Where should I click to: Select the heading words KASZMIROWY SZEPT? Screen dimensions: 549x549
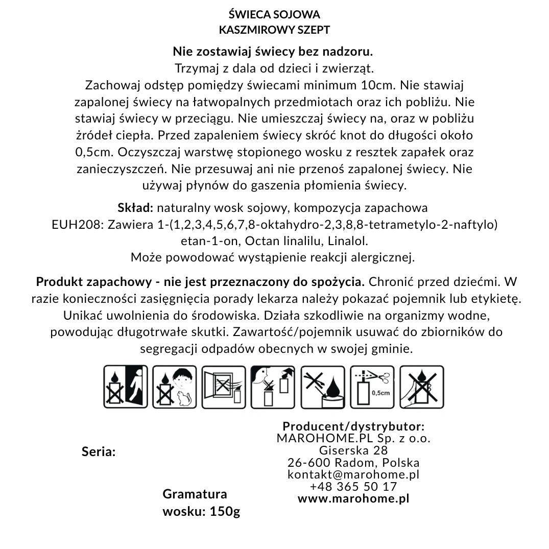[274, 30]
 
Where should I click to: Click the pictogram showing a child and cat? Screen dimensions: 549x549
[175, 386]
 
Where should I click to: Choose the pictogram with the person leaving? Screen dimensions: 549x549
[125, 386]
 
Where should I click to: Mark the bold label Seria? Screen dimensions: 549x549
[99, 452]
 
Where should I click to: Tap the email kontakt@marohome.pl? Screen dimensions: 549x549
[353, 474]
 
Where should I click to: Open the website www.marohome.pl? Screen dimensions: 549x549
[353, 498]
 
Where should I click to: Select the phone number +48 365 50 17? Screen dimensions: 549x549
[353, 487]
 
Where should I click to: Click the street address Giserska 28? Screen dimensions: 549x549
[353, 450]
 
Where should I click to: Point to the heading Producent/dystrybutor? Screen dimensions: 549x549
[353, 426]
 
